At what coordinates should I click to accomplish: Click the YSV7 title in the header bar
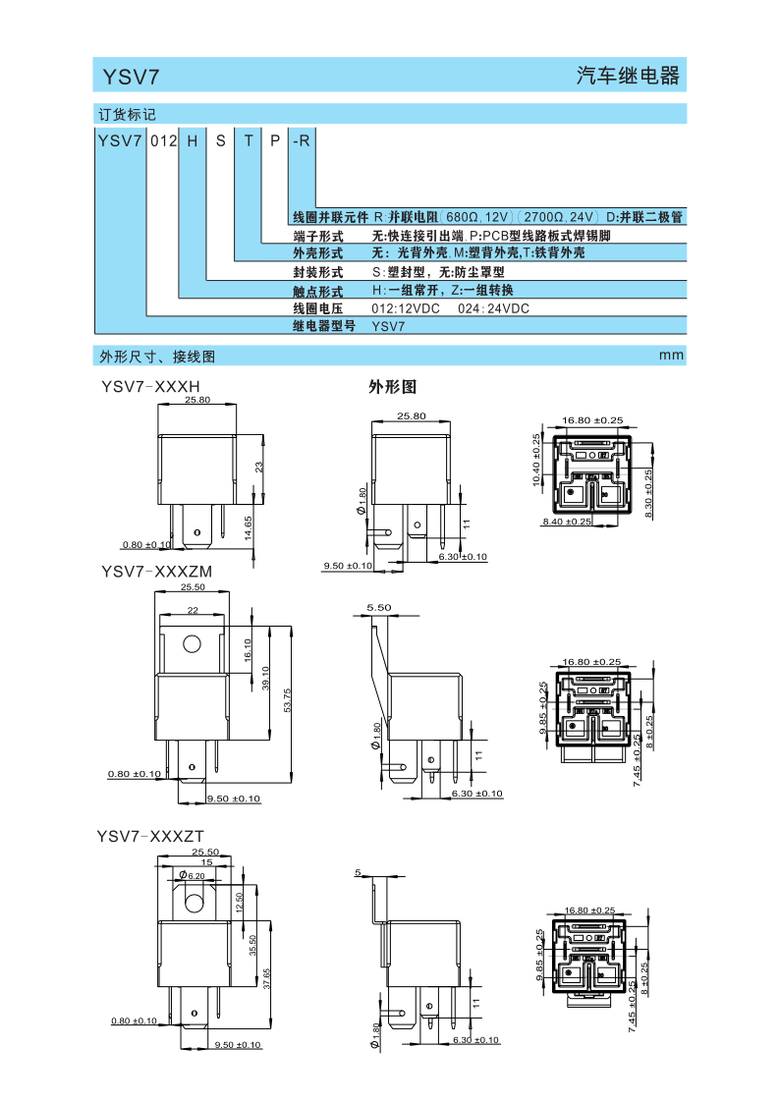131,77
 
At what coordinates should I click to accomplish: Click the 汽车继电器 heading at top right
628,76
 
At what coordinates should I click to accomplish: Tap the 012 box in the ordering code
163,140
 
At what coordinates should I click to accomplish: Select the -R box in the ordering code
301,140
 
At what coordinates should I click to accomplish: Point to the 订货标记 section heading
127,115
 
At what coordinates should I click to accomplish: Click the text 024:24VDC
493,308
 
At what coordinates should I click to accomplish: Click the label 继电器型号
324,326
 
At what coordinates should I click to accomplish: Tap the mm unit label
671,356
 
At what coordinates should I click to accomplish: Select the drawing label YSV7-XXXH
150,386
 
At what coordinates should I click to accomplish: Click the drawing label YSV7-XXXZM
156,572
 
